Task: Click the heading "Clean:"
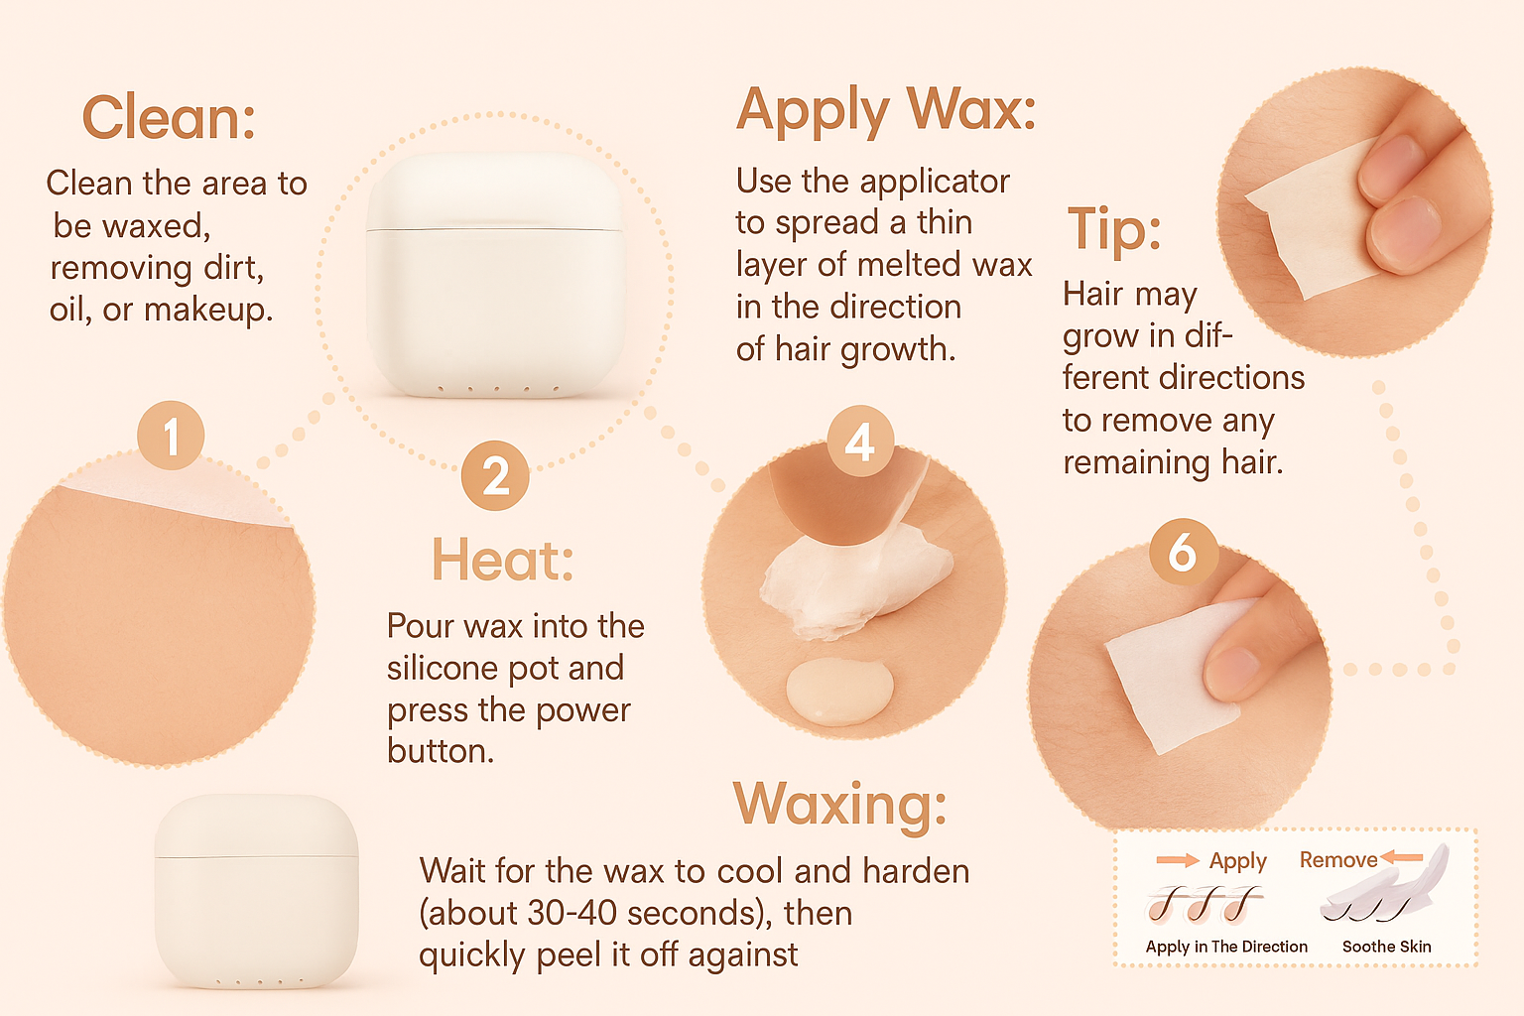(x=169, y=117)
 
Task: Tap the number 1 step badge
(x=171, y=435)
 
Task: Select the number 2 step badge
(x=495, y=475)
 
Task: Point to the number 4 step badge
(x=860, y=441)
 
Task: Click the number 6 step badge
(x=1183, y=552)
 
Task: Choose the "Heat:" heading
(x=503, y=560)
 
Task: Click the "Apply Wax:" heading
(x=886, y=109)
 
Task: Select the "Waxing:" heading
(x=839, y=805)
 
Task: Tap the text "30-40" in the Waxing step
(x=571, y=913)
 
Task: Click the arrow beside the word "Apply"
(x=1178, y=861)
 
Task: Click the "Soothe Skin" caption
(x=1386, y=947)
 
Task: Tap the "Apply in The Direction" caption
(x=1226, y=947)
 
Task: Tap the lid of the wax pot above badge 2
(x=495, y=191)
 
